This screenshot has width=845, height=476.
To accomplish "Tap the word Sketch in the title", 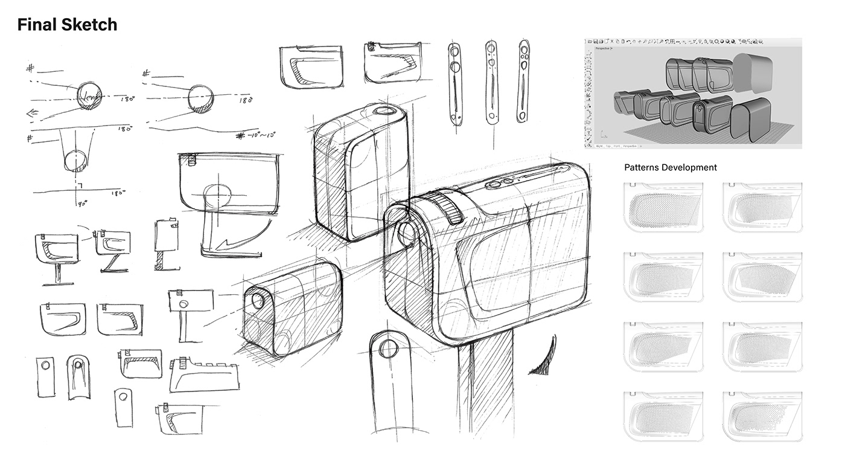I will [90, 25].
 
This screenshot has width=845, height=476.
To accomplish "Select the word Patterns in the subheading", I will [642, 167].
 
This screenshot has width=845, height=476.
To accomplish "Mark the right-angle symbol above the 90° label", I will [78, 184].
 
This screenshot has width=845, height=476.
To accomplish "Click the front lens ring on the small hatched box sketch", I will [258, 300].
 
